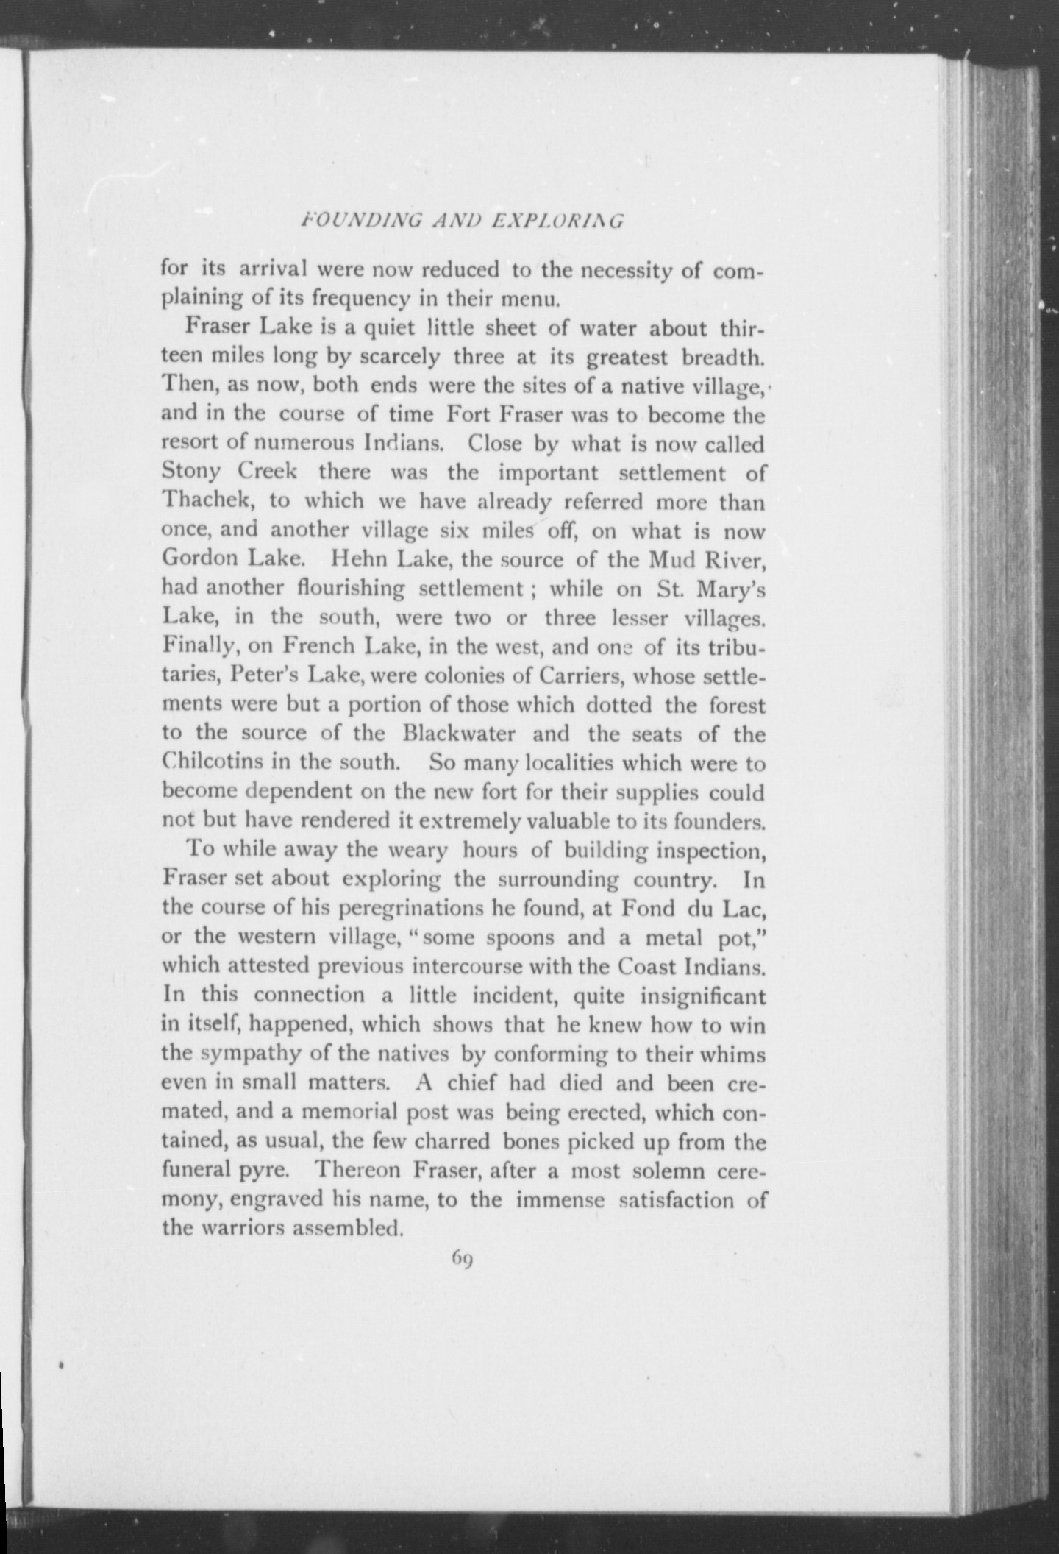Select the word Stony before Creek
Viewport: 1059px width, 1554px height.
[190, 472]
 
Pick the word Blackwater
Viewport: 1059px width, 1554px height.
[459, 734]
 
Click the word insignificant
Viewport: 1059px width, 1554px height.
[703, 996]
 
